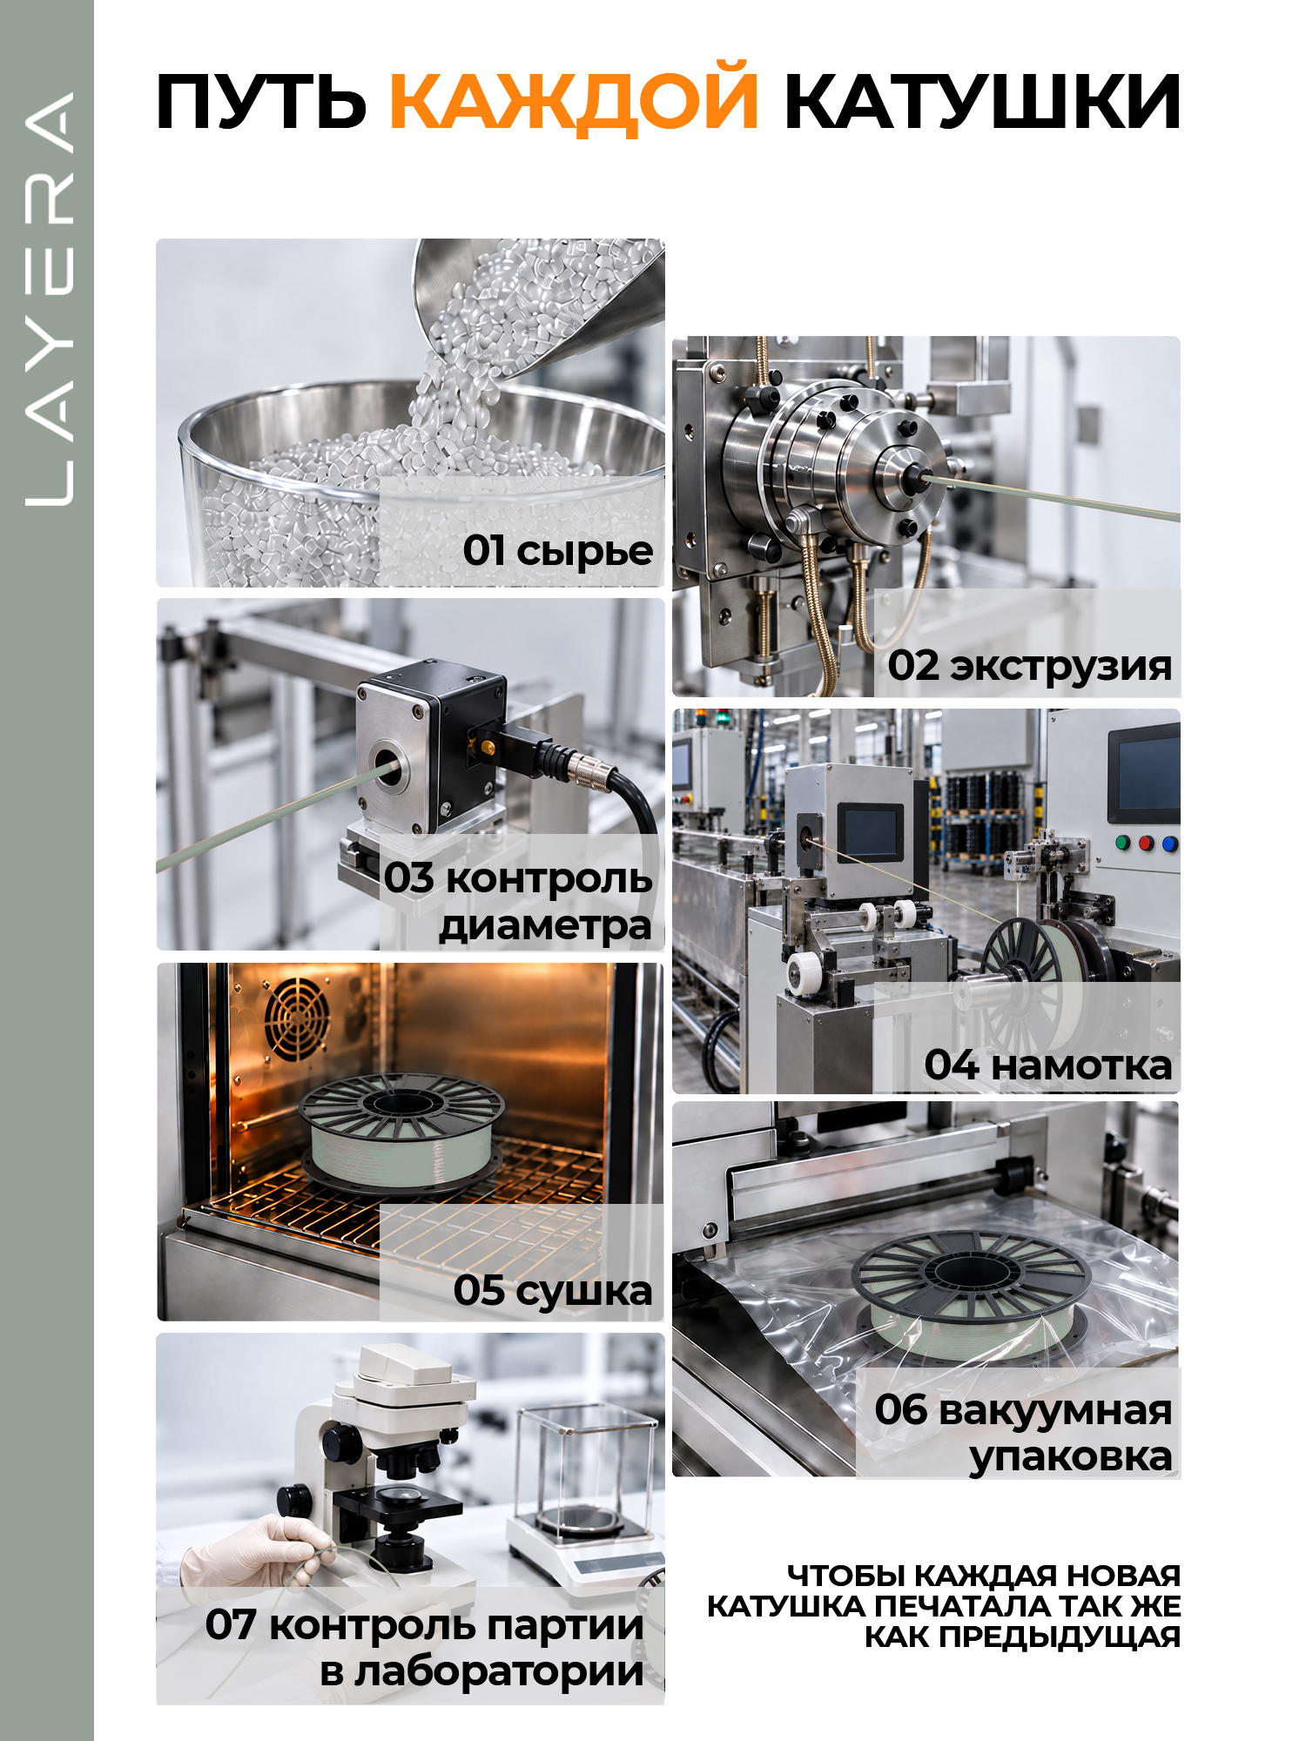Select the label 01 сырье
pos(557,550)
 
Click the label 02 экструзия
pos(1029,666)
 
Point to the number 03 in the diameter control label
pos(409,877)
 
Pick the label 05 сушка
pos(552,1290)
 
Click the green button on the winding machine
pos(1122,843)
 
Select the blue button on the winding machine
pos(1169,844)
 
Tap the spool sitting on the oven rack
pos(401,1131)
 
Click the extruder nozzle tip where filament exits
pos(916,475)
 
